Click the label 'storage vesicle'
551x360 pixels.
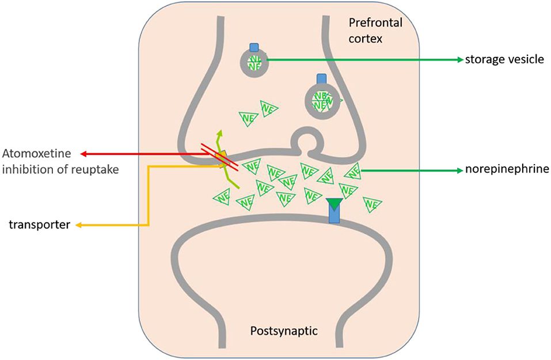504,59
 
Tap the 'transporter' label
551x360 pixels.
39,225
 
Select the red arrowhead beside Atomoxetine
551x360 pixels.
83,154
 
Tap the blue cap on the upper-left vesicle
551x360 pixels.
254,47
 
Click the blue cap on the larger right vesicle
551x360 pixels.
321,78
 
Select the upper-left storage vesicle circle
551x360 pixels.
254,63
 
